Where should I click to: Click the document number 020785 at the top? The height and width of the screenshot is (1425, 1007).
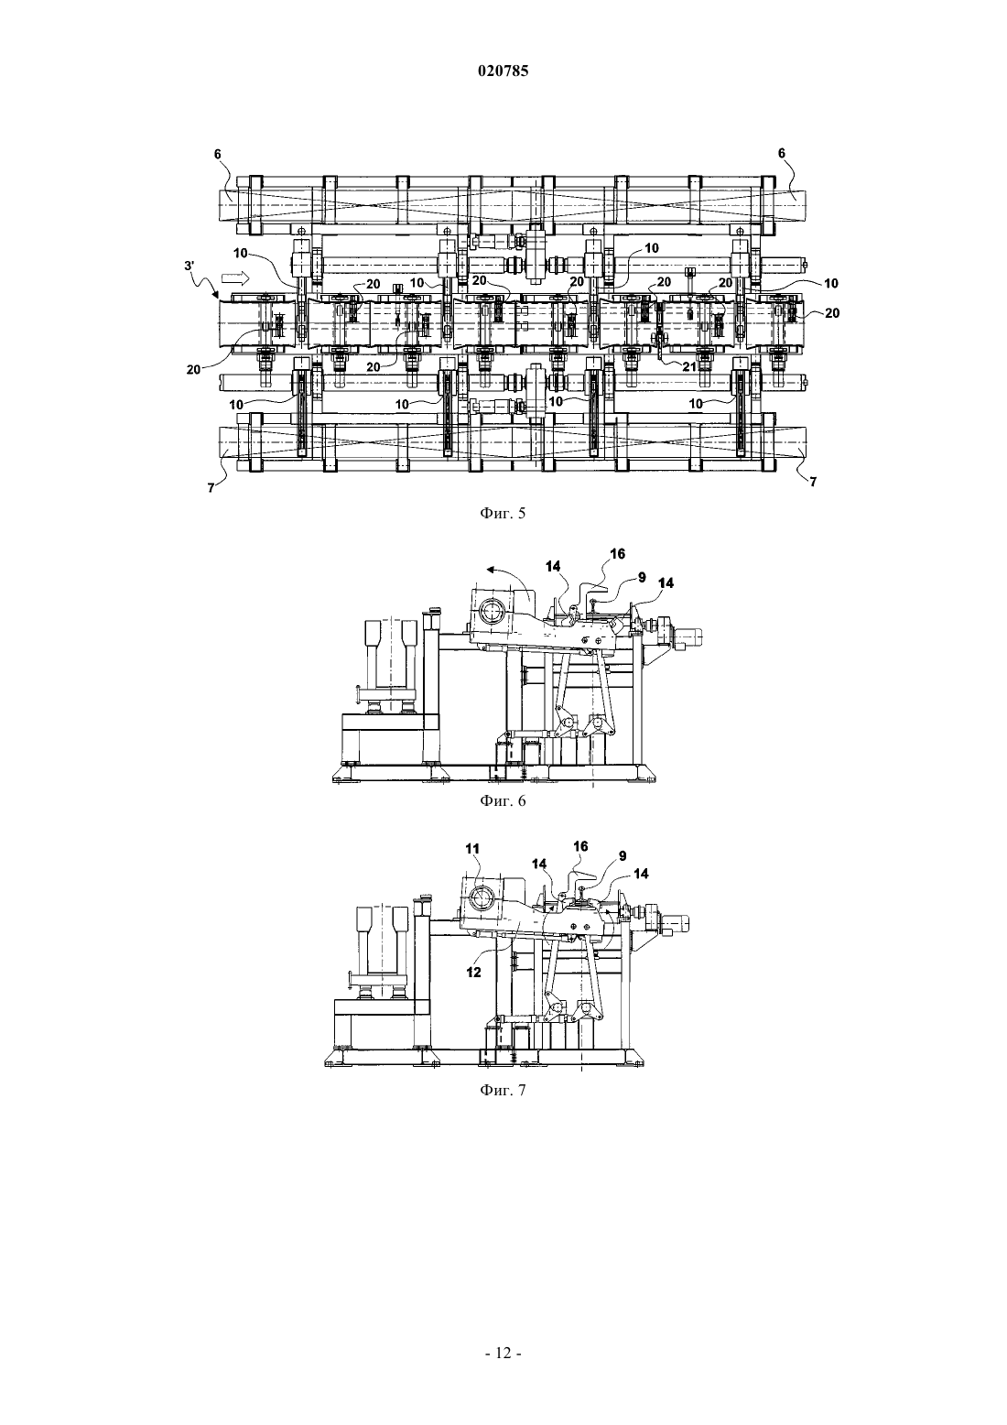click(x=503, y=71)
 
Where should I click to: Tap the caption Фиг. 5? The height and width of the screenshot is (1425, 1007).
click(x=503, y=514)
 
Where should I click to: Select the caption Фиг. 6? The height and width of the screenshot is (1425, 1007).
click(x=503, y=801)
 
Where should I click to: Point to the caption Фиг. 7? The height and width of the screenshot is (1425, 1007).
click(x=503, y=1091)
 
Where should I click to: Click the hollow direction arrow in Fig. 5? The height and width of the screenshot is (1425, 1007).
click(x=234, y=277)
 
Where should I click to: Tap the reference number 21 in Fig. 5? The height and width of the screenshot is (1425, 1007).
click(x=689, y=365)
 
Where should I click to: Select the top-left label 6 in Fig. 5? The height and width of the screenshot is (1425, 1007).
click(x=218, y=153)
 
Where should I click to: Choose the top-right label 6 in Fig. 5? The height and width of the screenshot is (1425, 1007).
click(x=781, y=153)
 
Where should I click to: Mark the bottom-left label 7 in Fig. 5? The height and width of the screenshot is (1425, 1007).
click(x=211, y=488)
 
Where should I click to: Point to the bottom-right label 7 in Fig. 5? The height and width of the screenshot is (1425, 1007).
click(x=813, y=483)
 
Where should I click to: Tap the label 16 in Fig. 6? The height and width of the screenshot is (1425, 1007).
click(x=617, y=554)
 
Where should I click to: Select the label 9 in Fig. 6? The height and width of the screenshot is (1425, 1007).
click(x=642, y=577)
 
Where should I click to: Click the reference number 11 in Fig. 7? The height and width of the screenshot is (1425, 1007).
click(x=472, y=849)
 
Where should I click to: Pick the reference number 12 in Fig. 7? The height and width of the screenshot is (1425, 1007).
click(x=473, y=972)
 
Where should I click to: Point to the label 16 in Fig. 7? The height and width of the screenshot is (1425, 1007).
click(x=580, y=846)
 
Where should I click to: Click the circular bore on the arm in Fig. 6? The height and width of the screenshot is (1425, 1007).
click(x=492, y=613)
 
